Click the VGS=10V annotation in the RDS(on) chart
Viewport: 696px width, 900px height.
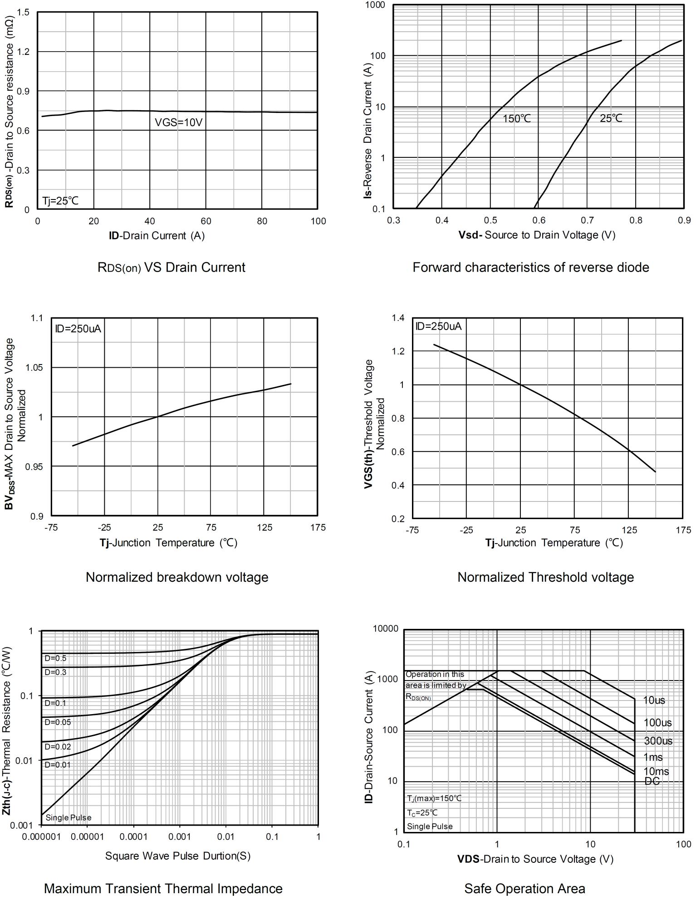(178, 122)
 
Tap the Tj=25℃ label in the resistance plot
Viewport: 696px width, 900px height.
(60, 201)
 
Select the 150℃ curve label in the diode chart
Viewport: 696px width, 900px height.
(516, 119)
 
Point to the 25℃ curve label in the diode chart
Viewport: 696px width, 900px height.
(611, 118)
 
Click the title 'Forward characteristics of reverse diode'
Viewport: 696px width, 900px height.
(530, 268)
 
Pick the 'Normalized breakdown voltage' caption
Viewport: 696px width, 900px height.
(177, 577)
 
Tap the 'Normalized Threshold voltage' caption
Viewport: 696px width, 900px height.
(545, 577)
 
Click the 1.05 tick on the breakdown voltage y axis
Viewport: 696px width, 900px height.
(34, 367)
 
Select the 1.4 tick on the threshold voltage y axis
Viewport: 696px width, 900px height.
(398, 318)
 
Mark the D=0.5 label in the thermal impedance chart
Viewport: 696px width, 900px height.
(55, 658)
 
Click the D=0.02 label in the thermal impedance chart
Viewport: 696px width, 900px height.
(58, 747)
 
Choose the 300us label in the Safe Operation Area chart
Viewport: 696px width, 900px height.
(657, 741)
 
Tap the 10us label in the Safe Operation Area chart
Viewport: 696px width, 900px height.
(654, 701)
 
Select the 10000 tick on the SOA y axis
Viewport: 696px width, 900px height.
(385, 629)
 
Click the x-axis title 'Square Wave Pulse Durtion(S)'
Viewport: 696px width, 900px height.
(177, 856)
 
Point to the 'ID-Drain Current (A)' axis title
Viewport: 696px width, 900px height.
(157, 236)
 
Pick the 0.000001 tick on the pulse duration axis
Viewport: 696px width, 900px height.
(41, 837)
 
